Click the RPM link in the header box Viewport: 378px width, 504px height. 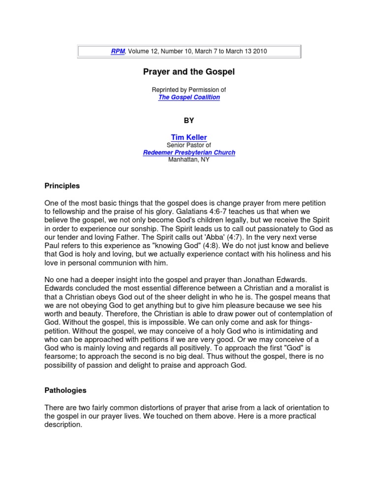tap(117, 51)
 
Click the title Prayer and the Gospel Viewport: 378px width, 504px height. tap(189, 72)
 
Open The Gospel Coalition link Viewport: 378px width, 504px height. tap(189, 97)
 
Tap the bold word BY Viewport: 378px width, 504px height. tap(189, 121)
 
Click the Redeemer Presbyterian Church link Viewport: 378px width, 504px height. tap(189, 153)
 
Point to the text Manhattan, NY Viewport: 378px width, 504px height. tap(189, 160)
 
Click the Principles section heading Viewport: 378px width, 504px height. tap(62, 187)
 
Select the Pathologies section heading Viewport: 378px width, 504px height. tap(65, 390)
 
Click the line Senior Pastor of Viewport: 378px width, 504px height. tap(189, 145)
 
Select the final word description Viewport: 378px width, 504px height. tap(63, 425)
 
